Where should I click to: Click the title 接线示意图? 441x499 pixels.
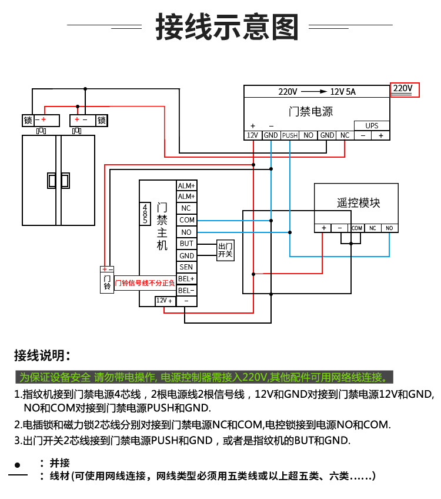tap(227, 27)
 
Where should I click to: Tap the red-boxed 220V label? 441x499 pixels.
tap(403, 89)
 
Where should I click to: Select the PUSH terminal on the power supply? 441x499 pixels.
tap(290, 135)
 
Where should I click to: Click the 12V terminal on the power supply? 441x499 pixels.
tap(252, 135)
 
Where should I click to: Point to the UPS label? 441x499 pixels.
tap(372, 125)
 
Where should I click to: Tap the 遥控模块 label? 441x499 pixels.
tap(358, 202)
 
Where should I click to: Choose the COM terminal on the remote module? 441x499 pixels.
tap(357, 228)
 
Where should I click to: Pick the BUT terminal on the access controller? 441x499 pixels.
tap(186, 244)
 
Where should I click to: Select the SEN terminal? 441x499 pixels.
tap(186, 267)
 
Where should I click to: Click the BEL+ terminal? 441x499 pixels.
tap(186, 278)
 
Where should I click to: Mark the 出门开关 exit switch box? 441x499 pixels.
tap(225, 250)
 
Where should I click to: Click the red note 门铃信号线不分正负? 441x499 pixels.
tap(145, 283)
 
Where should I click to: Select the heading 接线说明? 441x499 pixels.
tap(42, 355)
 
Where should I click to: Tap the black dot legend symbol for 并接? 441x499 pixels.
tap(18, 464)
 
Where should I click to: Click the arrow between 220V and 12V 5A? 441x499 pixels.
tap(314, 92)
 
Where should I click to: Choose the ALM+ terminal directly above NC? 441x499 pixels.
tap(186, 197)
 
